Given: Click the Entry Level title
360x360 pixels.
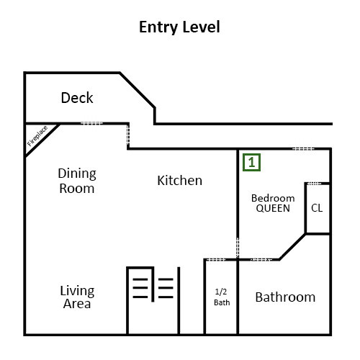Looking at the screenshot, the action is tap(179, 27).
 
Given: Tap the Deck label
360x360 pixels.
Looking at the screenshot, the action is tap(77, 98).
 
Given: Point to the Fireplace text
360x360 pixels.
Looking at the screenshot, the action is tap(37, 136).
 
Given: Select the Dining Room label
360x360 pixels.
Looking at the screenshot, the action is tap(77, 181).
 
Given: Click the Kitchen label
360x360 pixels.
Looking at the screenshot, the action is tap(180, 181).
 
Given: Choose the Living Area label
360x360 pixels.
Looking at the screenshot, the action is tap(77, 297).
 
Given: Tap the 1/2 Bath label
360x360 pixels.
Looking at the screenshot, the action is tap(222, 297).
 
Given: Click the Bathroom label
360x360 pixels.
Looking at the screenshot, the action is tap(285, 297).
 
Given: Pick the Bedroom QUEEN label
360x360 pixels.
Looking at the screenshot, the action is tap(273, 203).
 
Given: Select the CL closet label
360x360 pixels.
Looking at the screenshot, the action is tap(317, 208).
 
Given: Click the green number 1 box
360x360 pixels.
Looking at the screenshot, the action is tap(251, 163).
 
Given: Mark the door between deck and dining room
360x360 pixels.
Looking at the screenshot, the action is tap(91, 123).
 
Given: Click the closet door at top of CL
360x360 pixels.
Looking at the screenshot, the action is tap(315, 184).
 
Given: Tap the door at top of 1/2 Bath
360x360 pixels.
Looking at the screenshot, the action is tap(216, 259).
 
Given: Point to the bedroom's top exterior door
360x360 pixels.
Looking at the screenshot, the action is tap(303, 149).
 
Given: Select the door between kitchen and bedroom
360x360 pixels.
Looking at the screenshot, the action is tap(238, 248).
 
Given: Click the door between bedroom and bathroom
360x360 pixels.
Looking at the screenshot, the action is tap(261, 259).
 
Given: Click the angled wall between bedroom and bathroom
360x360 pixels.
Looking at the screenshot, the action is tap(292, 246).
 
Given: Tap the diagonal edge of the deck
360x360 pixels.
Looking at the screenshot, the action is tap(138, 90).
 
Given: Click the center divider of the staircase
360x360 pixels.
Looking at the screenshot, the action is tap(153, 284).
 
